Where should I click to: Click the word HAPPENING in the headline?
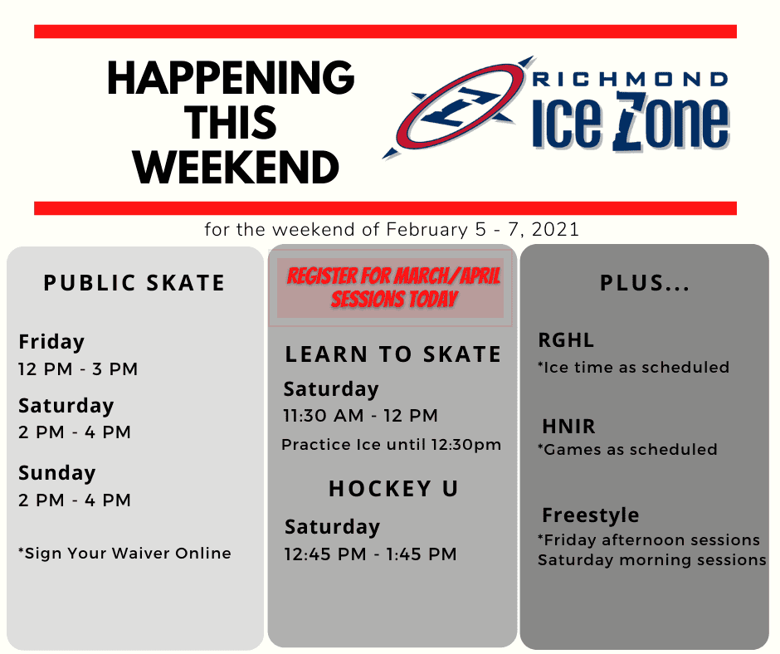pyautogui.click(x=231, y=78)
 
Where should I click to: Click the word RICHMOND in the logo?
pyautogui.click(x=631, y=80)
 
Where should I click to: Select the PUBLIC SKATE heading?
pyautogui.click(x=134, y=283)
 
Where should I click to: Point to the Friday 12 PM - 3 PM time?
pyautogui.click(x=78, y=368)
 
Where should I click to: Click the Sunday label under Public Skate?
pyautogui.click(x=56, y=473)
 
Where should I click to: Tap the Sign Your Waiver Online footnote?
pyautogui.click(x=124, y=553)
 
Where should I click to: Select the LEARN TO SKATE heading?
pyautogui.click(x=393, y=354)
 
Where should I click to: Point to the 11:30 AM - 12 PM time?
pyautogui.click(x=361, y=416)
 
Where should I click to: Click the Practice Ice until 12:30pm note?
pyautogui.click(x=392, y=445)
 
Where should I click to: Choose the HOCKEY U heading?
pyautogui.click(x=393, y=489)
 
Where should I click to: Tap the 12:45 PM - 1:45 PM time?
pyautogui.click(x=371, y=554)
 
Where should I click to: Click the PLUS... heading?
pyautogui.click(x=646, y=283)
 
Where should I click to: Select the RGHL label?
pyautogui.click(x=566, y=340)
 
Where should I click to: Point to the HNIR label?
pyautogui.click(x=568, y=427)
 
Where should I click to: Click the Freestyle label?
pyautogui.click(x=591, y=515)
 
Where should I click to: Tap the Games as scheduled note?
pyautogui.click(x=628, y=450)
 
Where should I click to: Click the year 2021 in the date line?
pyautogui.click(x=556, y=230)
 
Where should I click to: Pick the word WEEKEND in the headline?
pyautogui.click(x=236, y=168)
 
